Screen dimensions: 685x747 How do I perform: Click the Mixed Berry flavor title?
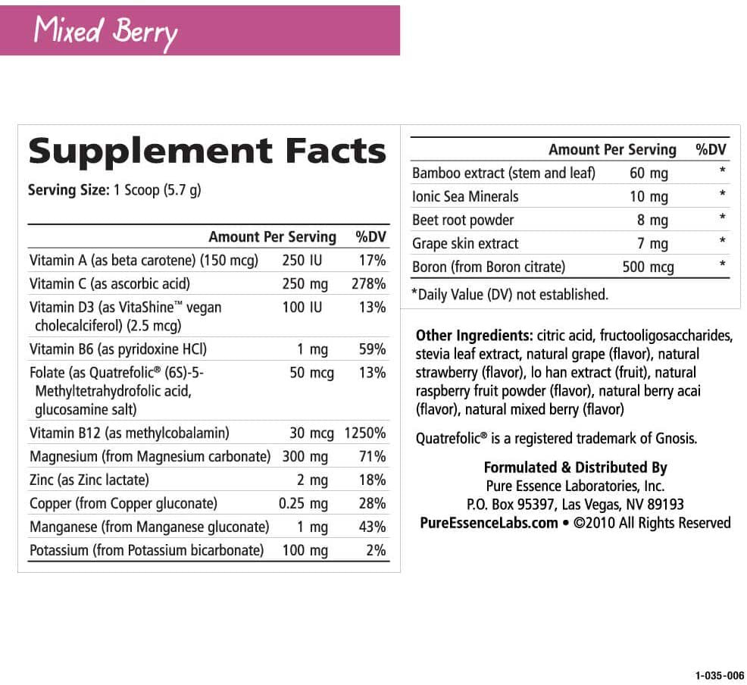(x=105, y=31)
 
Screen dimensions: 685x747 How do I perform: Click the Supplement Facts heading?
(x=207, y=151)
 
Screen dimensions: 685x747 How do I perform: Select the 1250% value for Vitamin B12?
(x=365, y=433)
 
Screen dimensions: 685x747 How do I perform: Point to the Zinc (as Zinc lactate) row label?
(x=89, y=480)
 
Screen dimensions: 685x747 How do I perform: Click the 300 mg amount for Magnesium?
(x=305, y=456)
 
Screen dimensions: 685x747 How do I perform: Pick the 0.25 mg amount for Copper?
(x=303, y=503)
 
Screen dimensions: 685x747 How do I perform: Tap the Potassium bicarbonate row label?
(x=146, y=550)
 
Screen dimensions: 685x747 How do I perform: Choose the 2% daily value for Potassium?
(x=376, y=550)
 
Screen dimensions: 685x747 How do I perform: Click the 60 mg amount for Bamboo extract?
(x=649, y=173)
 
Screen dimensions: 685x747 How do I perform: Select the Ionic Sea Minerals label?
(x=465, y=196)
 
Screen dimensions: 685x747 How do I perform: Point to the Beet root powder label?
(x=463, y=220)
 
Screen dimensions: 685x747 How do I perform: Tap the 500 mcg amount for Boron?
(x=648, y=267)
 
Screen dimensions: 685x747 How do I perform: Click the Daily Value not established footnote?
(x=509, y=294)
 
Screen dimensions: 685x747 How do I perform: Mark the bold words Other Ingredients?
(x=474, y=336)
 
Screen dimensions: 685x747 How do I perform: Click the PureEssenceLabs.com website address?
(x=489, y=523)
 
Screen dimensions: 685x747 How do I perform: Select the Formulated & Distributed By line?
(x=575, y=468)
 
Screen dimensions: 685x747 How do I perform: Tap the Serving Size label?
(x=68, y=189)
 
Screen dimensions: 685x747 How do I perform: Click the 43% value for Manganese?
(x=372, y=527)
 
